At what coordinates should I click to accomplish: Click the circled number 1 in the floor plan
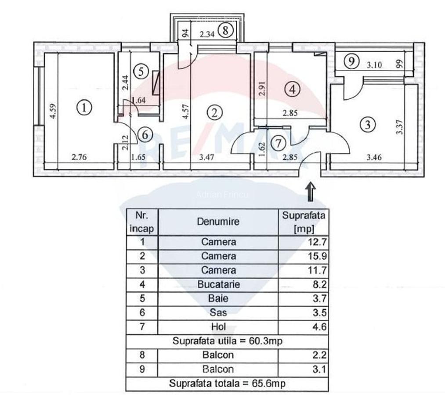(83, 107)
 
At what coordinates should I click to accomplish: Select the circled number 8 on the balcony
(225, 31)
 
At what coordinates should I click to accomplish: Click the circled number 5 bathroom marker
(140, 71)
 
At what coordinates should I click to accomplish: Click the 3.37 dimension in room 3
(399, 127)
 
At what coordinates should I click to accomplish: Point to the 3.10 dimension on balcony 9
(375, 65)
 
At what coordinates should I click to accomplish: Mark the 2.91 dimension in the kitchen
(262, 88)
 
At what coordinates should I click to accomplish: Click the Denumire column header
(218, 222)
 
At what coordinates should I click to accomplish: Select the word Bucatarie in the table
(218, 284)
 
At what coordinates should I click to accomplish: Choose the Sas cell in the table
(218, 313)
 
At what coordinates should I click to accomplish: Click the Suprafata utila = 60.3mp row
(227, 341)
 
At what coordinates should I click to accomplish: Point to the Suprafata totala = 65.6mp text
(227, 384)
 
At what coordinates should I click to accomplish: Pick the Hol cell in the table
(218, 327)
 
